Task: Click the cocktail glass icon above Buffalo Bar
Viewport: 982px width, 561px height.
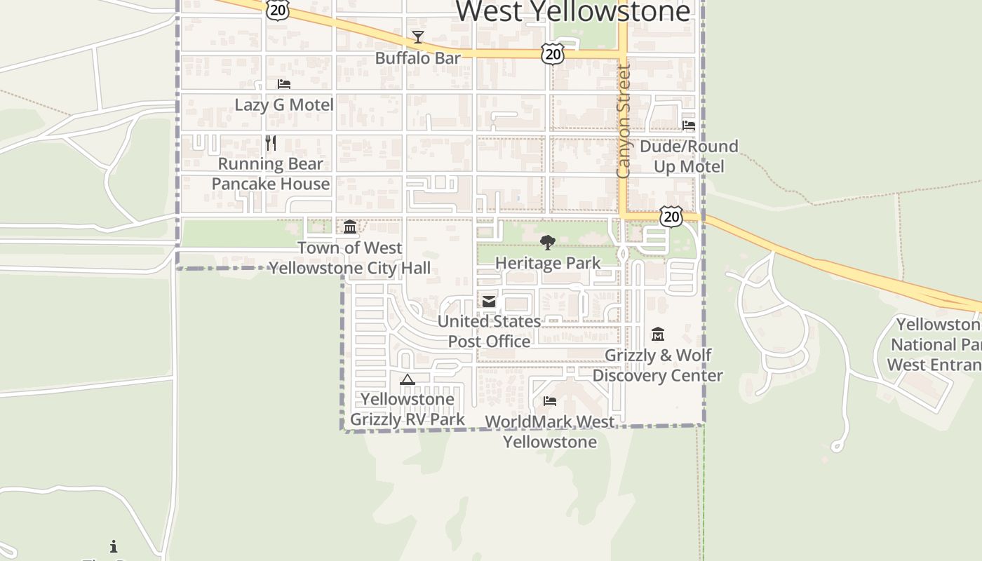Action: [418, 37]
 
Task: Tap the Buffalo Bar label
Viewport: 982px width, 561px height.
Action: [418, 58]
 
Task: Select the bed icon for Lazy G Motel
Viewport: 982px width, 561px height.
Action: [284, 84]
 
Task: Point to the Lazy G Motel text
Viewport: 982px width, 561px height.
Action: [284, 105]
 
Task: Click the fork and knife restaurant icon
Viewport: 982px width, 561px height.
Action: [271, 143]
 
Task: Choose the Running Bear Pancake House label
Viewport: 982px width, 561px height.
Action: [271, 174]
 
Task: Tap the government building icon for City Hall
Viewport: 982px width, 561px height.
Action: [350, 227]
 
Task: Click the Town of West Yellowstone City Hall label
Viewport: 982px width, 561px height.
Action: [350, 258]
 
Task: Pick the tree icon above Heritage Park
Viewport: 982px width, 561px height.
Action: [548, 243]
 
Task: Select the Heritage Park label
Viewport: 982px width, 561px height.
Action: [548, 264]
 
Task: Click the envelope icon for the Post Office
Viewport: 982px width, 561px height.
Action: [489, 302]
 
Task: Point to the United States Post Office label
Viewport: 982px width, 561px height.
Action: [489, 332]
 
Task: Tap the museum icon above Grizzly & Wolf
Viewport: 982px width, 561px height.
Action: [658, 334]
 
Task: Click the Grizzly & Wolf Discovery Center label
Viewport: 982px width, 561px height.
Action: [658, 365]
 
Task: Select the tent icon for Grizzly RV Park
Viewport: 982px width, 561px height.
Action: [407, 380]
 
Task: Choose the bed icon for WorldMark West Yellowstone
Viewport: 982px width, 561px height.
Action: [550, 401]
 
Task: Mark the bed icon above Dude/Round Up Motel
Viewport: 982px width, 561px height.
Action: [689, 126]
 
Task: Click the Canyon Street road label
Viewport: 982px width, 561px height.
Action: [623, 121]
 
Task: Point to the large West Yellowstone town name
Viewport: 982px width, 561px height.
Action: [574, 11]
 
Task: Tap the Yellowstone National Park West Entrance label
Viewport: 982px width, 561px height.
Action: [936, 345]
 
